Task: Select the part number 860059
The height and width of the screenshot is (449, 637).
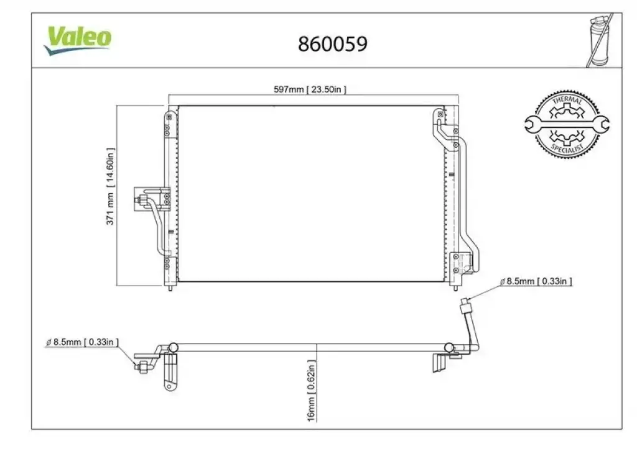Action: tap(333, 44)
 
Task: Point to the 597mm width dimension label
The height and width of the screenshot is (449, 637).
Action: tap(310, 89)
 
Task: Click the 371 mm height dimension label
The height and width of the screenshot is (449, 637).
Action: tap(110, 186)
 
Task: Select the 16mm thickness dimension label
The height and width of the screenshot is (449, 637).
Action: tap(311, 391)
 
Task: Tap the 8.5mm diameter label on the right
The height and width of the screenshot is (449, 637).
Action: tap(536, 281)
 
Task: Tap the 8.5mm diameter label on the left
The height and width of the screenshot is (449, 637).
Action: tap(82, 342)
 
